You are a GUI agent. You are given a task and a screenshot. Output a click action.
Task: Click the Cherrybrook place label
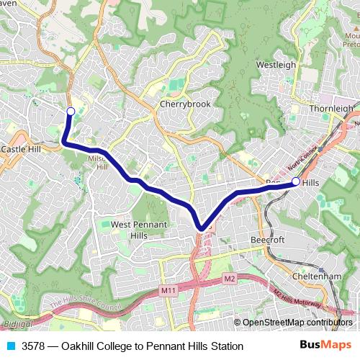click(184, 104)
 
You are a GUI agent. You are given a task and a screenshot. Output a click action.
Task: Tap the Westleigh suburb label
click(276, 65)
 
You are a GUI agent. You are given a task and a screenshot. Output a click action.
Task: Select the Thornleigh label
click(330, 109)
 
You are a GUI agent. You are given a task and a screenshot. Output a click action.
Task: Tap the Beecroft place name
click(269, 239)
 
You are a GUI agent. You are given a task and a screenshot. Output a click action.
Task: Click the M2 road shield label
click(229, 279)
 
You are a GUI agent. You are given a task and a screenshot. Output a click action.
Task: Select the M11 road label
click(169, 290)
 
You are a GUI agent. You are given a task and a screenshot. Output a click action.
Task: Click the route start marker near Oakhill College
click(71, 111)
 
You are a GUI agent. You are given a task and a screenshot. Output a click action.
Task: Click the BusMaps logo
click(322, 346)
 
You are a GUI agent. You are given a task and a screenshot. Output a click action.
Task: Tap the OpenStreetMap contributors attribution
click(297, 323)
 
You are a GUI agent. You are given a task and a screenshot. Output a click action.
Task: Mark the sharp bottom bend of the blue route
click(202, 228)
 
